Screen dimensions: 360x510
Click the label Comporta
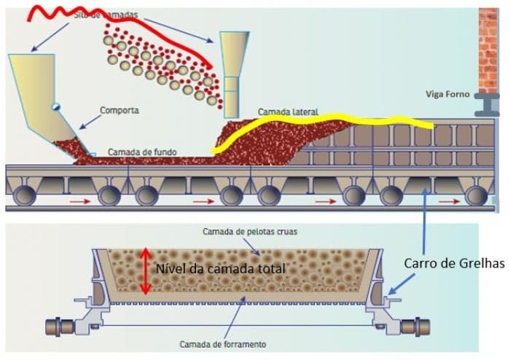pyautogui.click(x=120, y=110)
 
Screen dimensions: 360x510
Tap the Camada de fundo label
pyautogui.click(x=143, y=152)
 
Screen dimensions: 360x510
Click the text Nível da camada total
pyautogui.click(x=219, y=268)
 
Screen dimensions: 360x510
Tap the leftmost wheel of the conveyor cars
pyautogui.click(x=22, y=195)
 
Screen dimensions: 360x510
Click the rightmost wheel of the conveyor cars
pyautogui.click(x=478, y=195)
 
